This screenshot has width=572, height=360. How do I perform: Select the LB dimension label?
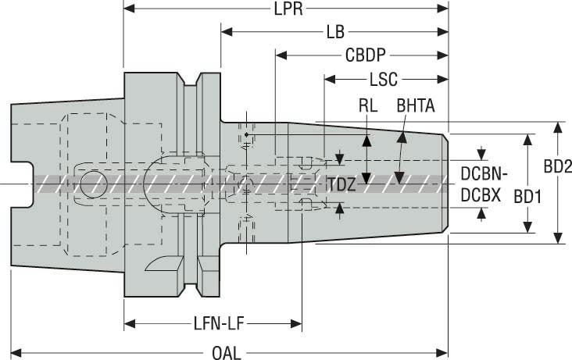335,33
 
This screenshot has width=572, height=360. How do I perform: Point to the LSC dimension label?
384,80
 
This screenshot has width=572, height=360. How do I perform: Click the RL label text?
367,105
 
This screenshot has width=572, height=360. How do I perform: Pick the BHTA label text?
416,105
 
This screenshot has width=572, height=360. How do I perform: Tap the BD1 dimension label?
527,197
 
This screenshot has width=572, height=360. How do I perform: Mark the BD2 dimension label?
559,166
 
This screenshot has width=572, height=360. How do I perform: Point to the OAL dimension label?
227,353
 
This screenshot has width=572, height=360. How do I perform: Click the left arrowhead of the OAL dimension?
16,353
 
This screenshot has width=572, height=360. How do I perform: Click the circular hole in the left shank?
98,183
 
